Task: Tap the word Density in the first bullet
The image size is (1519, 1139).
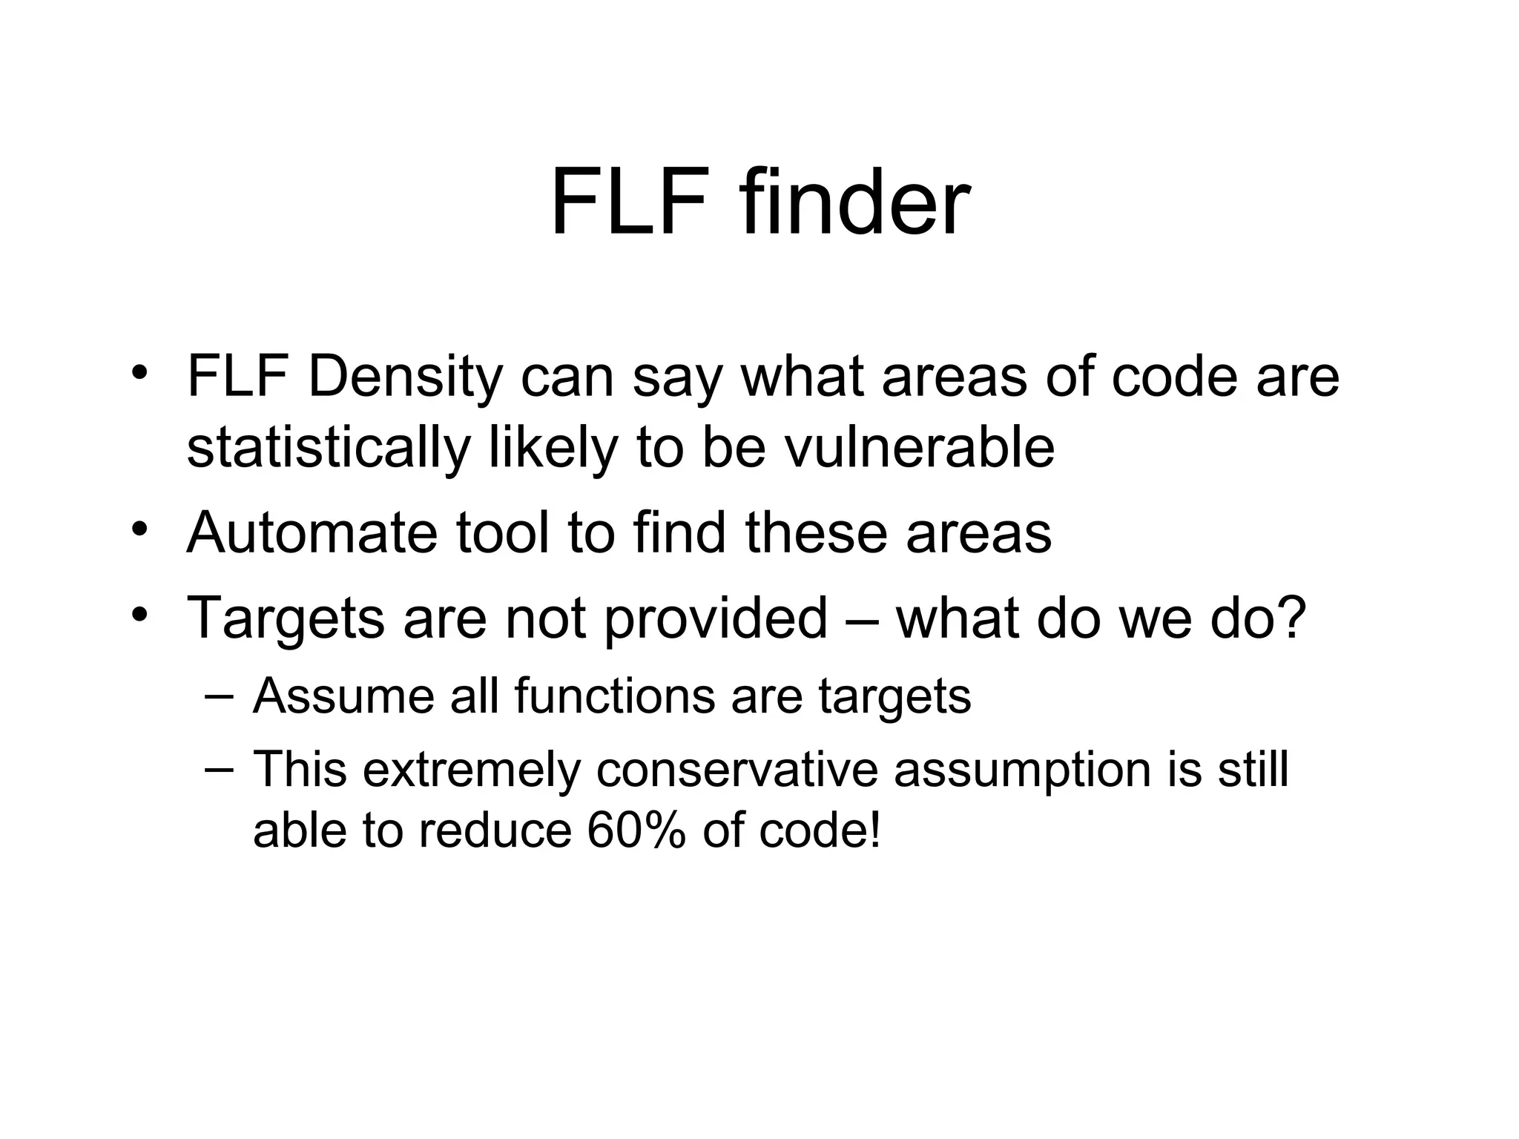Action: (x=405, y=377)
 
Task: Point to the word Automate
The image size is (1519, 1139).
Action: (x=312, y=532)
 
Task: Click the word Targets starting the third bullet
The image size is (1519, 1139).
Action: (x=286, y=618)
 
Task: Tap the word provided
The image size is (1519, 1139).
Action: (x=715, y=618)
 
